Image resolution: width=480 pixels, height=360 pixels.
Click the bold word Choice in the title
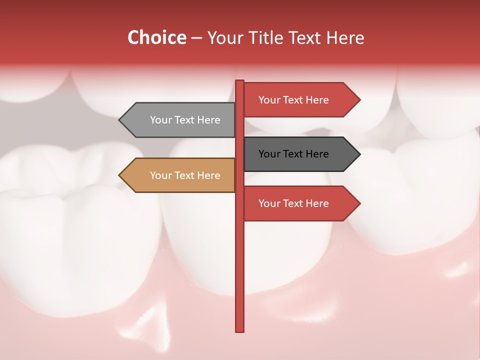point(156,37)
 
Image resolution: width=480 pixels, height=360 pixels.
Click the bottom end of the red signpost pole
point(240,330)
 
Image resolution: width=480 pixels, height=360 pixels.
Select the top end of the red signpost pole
point(240,81)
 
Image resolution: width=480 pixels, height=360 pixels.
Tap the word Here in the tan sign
point(208,175)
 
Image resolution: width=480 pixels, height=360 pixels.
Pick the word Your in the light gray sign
point(160,120)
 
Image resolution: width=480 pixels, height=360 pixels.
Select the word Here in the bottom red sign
point(317,203)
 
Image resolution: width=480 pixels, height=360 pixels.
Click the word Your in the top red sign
point(269,99)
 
